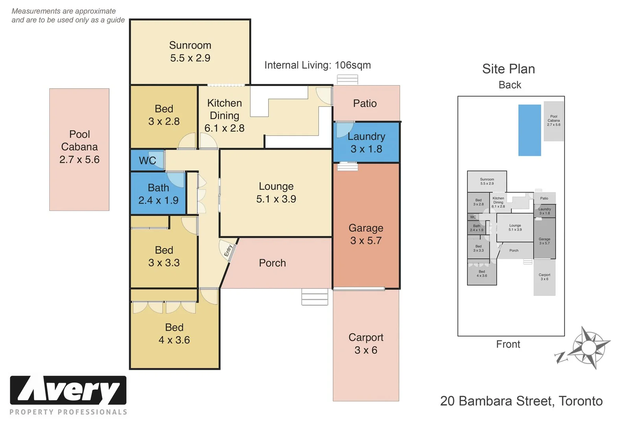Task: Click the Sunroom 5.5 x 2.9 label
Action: [190, 51]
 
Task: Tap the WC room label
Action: [147, 161]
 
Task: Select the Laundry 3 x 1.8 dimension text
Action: [366, 143]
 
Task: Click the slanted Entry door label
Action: [228, 251]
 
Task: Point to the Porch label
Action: [272, 263]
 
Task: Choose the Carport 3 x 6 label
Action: [366, 344]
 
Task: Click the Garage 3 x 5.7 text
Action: [366, 234]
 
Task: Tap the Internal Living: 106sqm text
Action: [317, 65]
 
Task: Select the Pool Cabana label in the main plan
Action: [79, 147]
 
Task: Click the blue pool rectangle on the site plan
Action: [529, 130]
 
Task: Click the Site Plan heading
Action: [508, 69]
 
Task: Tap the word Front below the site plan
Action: [508, 344]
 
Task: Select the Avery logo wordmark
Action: [68, 390]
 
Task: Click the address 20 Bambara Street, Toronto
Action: [521, 401]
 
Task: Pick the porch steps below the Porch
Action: [315, 297]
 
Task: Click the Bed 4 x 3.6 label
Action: [174, 334]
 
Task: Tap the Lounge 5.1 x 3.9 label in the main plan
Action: [276, 193]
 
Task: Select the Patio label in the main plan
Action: [365, 103]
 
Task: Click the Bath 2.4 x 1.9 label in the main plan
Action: [158, 194]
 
